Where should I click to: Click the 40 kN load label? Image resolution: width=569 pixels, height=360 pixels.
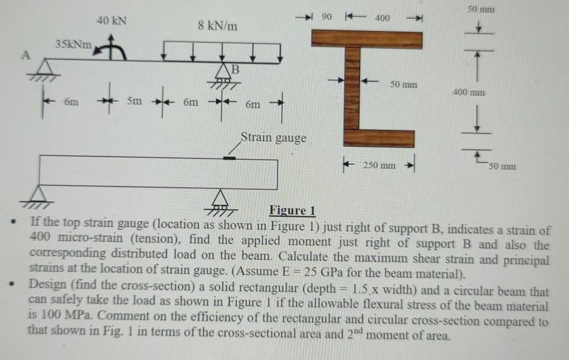[112, 20]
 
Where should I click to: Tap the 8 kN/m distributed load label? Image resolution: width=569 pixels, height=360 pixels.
[218, 26]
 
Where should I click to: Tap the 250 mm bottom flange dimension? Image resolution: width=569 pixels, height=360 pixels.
[379, 165]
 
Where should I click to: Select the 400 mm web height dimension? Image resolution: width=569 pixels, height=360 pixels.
[469, 93]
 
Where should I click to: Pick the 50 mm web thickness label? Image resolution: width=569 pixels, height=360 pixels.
[404, 84]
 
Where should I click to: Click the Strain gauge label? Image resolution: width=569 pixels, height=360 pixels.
[273, 137]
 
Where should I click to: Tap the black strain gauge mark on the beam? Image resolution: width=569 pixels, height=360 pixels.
[234, 157]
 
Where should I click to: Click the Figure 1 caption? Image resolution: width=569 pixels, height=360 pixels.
[292, 210]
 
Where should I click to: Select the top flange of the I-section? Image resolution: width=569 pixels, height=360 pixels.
[366, 39]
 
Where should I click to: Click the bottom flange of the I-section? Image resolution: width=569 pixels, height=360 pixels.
[379, 138]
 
